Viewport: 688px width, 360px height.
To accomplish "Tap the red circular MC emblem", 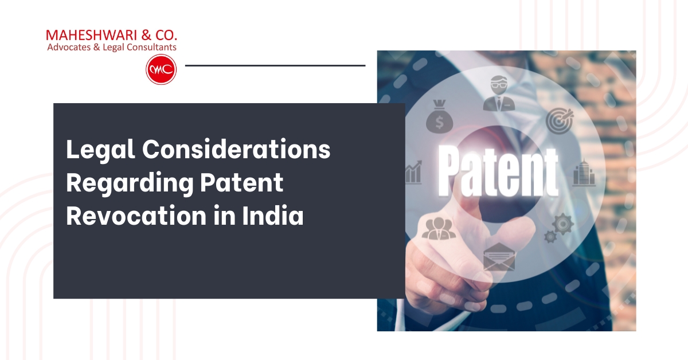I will coord(161,69).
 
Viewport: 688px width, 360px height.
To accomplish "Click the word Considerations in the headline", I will coord(236,150).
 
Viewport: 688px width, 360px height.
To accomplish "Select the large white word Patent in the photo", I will coord(498,171).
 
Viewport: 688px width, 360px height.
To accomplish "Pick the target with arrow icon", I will coord(559,119).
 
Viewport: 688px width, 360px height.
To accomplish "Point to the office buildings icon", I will coord(584,171).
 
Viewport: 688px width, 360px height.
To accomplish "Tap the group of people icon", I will coord(438,228).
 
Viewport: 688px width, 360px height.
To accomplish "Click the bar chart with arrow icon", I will coord(414,171).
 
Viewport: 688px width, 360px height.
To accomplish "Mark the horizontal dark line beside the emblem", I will coord(275,65).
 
